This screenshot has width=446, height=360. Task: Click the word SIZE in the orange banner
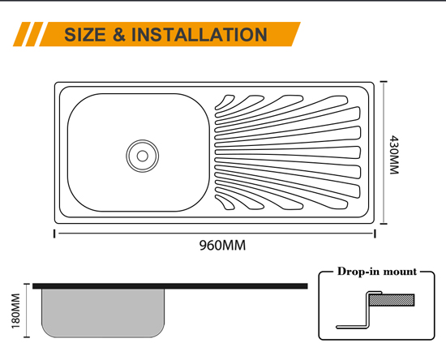[x=85, y=34]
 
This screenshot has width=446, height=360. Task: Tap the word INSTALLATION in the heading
[x=199, y=34]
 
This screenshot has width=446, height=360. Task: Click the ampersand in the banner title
[x=119, y=34]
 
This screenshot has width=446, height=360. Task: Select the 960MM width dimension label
[x=222, y=245]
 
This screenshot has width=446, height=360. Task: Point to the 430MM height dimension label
[x=394, y=155]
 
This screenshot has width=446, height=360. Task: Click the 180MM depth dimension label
[x=16, y=311]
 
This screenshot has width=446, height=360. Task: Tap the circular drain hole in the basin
[x=142, y=156]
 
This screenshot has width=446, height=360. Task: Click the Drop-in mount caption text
[x=377, y=272]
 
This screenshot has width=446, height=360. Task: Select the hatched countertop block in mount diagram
[x=392, y=300]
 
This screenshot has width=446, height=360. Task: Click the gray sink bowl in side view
[x=103, y=313]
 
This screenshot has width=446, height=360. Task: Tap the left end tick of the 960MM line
[x=54, y=234]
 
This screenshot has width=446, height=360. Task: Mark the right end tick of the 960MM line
[x=375, y=234]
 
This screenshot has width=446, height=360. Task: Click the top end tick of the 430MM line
[x=384, y=82]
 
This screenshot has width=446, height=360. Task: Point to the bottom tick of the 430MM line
[x=384, y=224]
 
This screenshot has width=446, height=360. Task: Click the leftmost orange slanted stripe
[x=22, y=34]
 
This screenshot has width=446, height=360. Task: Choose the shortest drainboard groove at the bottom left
[x=225, y=203]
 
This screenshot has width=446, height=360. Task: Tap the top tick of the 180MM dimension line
[x=27, y=284]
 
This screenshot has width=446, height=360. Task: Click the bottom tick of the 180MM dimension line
[x=27, y=337]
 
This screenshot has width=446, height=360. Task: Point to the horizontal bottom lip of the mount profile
[x=352, y=327]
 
